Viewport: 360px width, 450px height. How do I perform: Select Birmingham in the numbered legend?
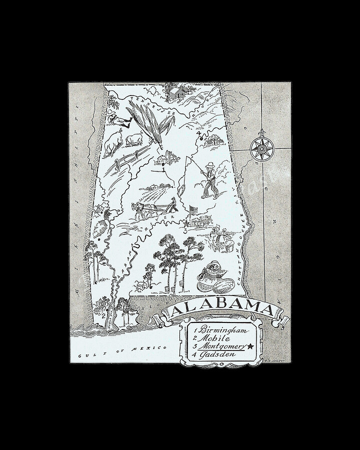223,330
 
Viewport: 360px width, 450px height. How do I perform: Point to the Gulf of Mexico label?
122,348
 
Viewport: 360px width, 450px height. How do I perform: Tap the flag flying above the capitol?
192,208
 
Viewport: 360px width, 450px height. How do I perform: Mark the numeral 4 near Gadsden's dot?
198,133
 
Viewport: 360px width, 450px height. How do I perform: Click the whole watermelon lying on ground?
223,288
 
